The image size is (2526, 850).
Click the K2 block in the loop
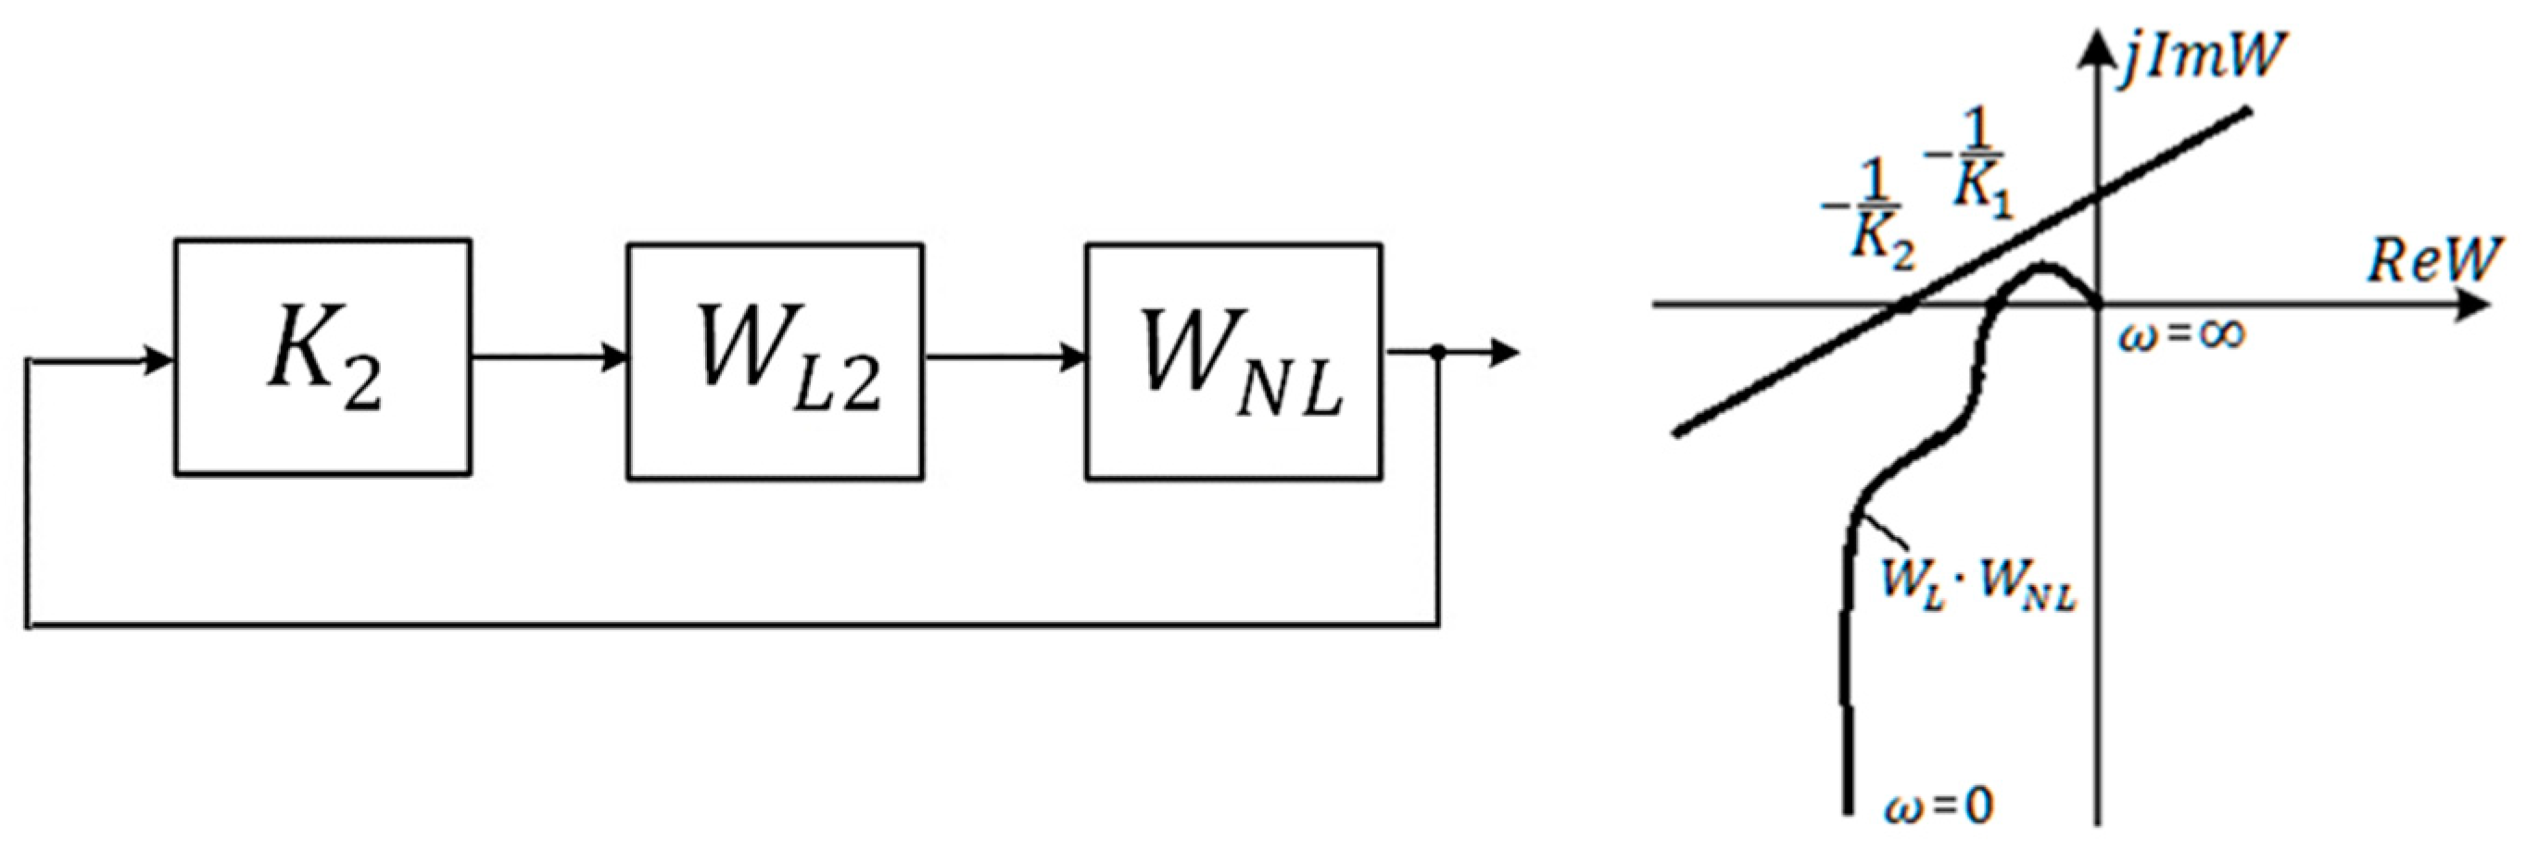tap(322, 357)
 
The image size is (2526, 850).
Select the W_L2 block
tap(775, 360)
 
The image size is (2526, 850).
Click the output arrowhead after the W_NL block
tap(1504, 353)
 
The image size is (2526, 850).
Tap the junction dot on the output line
tap(1438, 353)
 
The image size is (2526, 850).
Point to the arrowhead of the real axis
tap(2471, 306)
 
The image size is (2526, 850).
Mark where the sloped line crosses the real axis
tap(1902, 306)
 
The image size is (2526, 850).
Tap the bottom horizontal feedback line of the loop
tap(736, 622)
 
